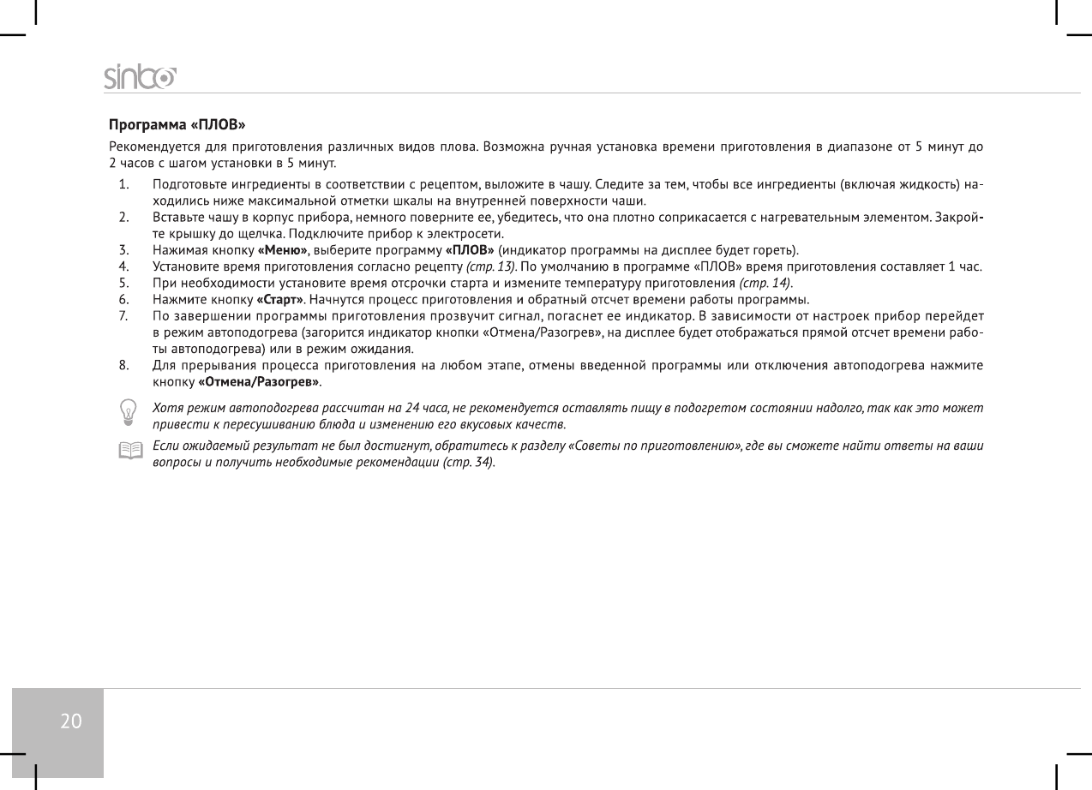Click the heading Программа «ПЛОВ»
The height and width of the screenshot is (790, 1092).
[x=177, y=127]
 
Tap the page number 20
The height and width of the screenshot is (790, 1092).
[x=71, y=721]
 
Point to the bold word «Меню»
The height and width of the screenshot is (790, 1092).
[x=283, y=250]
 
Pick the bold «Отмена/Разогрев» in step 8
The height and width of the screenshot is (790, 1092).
[x=259, y=380]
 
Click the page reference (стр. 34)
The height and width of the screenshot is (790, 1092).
[x=469, y=462]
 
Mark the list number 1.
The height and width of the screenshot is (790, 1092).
[x=124, y=184]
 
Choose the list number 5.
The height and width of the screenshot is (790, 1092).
[x=124, y=283]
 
